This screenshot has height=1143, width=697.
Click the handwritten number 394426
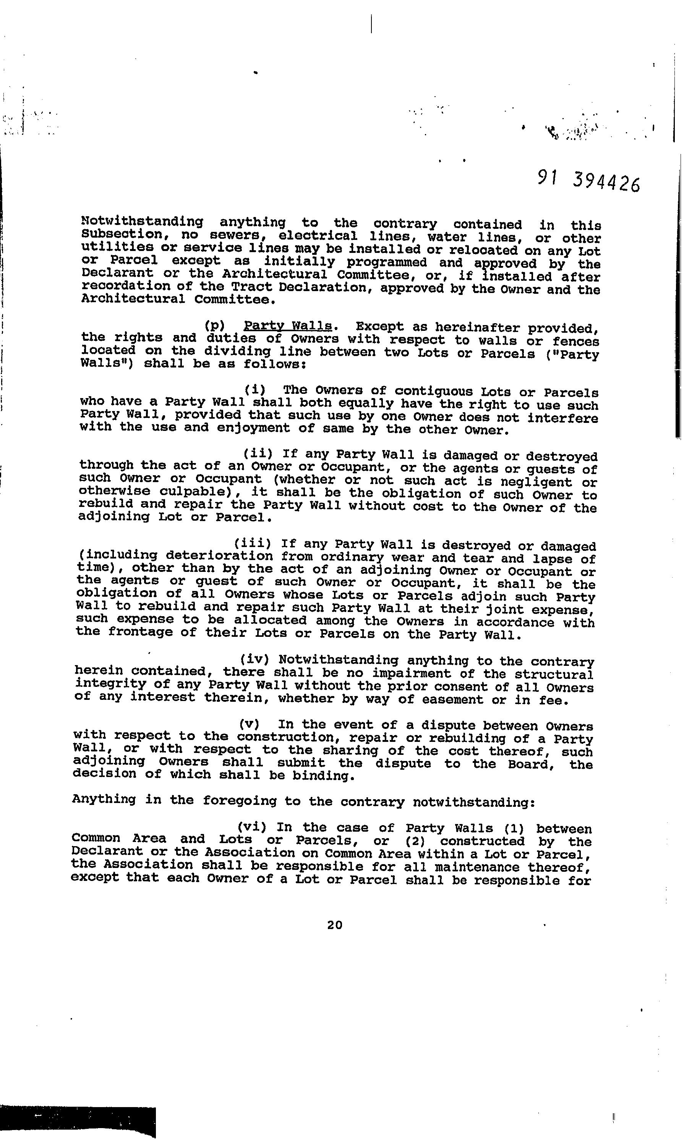[x=606, y=182]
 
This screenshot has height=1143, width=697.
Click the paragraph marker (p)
[x=214, y=326]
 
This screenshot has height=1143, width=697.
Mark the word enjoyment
[x=253, y=428]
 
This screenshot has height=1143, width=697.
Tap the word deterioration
[x=219, y=556]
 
